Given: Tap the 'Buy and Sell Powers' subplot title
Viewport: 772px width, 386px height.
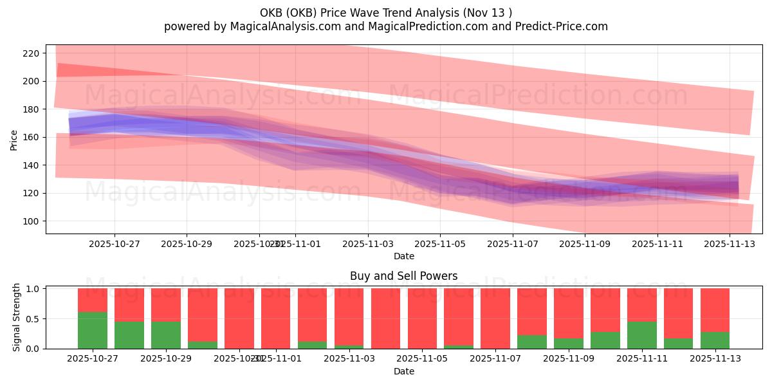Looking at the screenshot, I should [403, 276].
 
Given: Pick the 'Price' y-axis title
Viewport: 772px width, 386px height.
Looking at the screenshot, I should [14, 139].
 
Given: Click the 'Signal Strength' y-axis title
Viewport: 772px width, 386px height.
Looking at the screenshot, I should [17, 317].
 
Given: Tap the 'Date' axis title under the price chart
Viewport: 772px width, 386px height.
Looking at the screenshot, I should [403, 256].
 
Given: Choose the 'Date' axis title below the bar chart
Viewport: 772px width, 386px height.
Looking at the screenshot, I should [403, 371].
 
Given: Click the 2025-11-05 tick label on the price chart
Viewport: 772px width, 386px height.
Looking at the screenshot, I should [440, 244].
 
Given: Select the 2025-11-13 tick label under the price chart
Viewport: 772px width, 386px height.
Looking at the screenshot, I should [730, 244].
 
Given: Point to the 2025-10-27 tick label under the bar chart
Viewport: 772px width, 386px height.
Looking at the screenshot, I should [93, 359].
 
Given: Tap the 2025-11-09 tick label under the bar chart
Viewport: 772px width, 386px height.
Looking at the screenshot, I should [568, 359].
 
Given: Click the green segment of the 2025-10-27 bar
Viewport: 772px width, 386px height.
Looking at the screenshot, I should [93, 331].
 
